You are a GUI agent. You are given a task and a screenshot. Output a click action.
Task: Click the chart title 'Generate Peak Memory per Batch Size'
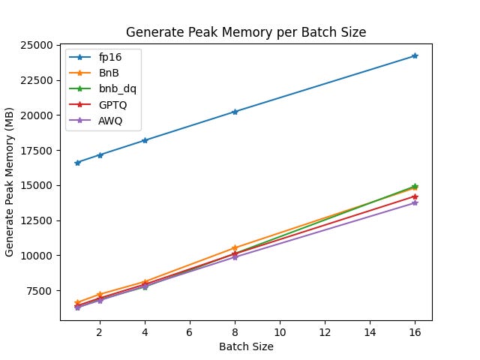pyautogui.click(x=246, y=32)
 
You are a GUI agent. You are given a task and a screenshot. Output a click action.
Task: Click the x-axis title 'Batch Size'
pyautogui.click(x=246, y=346)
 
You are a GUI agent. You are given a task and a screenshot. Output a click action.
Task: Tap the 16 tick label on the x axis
pyautogui.click(x=415, y=331)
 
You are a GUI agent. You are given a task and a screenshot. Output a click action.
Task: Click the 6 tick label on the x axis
pyautogui.click(x=190, y=331)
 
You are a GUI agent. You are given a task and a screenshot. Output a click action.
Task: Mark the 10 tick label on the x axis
pyautogui.click(x=280, y=331)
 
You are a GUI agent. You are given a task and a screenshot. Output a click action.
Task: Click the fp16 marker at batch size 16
pyautogui.click(x=415, y=55)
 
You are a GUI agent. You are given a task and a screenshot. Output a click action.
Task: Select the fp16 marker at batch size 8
pyautogui.click(x=235, y=112)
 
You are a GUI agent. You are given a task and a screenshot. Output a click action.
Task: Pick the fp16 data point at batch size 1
pyautogui.click(x=77, y=163)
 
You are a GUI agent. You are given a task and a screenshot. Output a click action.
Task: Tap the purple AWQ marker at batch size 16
pyautogui.click(x=415, y=202)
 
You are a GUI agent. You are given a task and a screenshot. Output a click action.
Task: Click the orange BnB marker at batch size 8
pyautogui.click(x=235, y=247)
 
